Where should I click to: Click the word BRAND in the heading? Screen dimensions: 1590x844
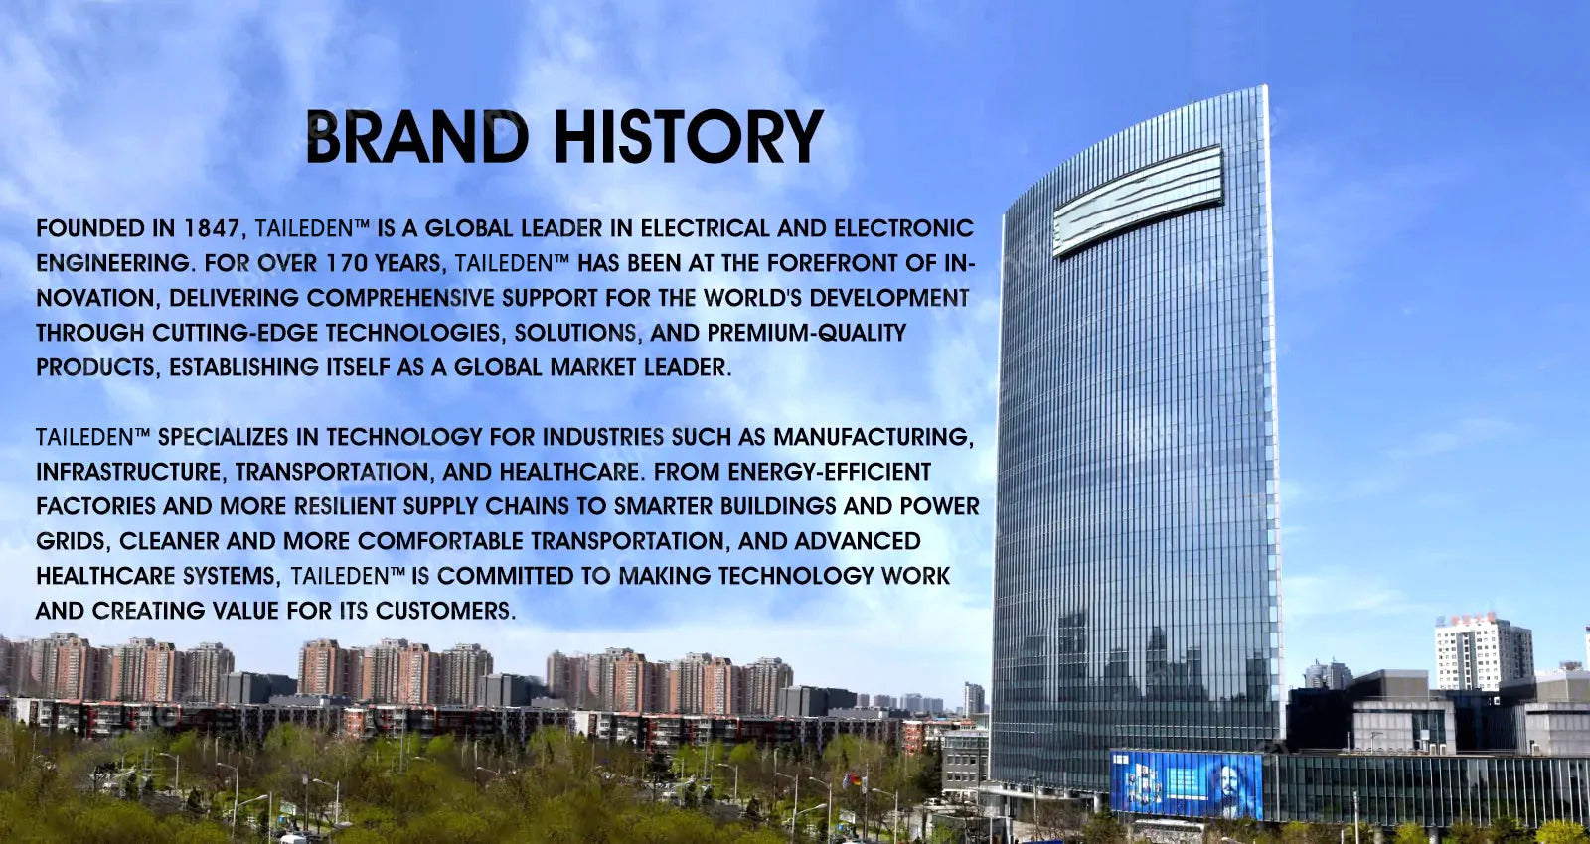(x=418, y=137)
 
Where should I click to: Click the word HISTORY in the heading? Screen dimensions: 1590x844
(x=690, y=137)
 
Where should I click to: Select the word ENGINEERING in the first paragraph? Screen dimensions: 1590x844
(x=114, y=264)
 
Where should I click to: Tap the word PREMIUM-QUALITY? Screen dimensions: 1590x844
(x=806, y=333)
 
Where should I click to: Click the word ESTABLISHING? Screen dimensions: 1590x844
(x=243, y=367)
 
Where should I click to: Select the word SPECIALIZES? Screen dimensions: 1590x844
(x=223, y=437)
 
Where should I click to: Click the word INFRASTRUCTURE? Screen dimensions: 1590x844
(x=129, y=472)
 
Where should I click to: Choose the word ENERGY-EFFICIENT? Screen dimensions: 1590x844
(x=830, y=472)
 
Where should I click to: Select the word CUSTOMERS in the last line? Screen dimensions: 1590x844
(x=445, y=611)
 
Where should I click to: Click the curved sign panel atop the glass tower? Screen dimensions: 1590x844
(x=1138, y=201)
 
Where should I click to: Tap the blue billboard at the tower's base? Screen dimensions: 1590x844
(x=1187, y=783)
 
